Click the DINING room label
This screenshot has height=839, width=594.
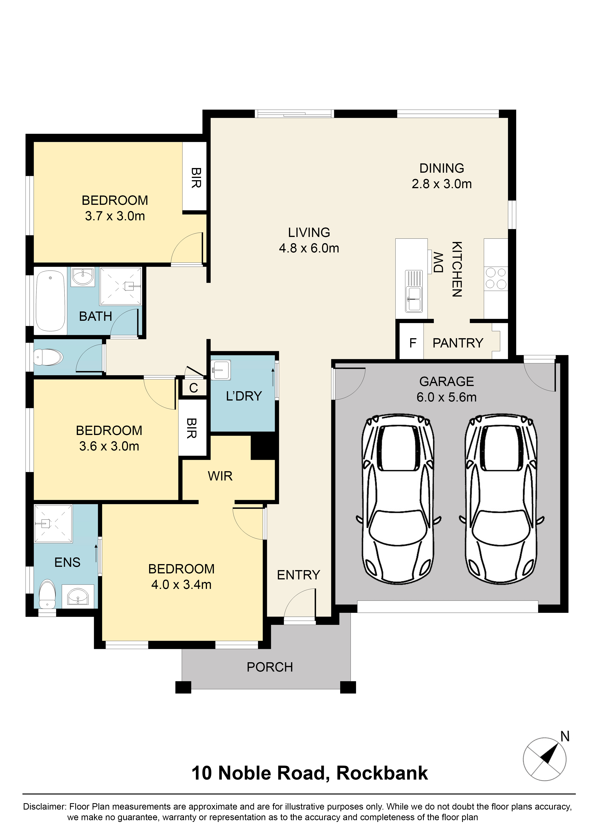coord(441,168)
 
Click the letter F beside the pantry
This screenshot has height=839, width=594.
coord(413,343)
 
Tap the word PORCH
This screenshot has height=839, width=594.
coord(270,667)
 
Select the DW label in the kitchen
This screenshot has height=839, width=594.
coord(438,262)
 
